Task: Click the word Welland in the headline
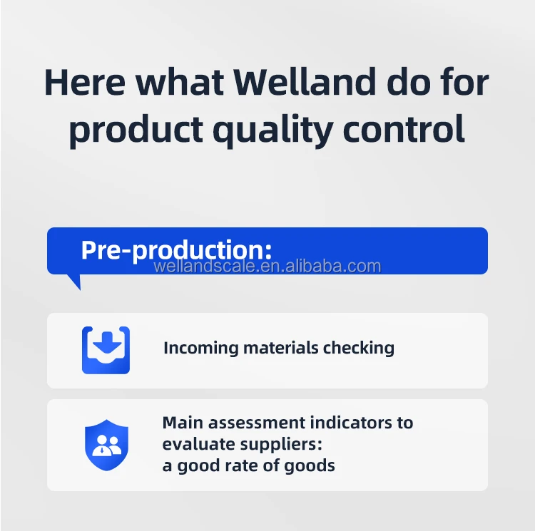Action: (x=305, y=82)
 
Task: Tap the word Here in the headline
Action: (x=85, y=83)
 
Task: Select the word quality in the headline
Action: (x=273, y=131)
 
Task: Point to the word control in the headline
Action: (x=403, y=128)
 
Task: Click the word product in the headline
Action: (x=136, y=131)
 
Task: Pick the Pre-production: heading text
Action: (x=176, y=250)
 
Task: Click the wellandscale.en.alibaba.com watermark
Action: (x=267, y=266)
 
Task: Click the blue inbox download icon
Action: (x=106, y=350)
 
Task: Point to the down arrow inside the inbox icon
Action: (x=107, y=342)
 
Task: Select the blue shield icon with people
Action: (x=106, y=445)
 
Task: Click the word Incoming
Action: (x=201, y=349)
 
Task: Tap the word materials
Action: (x=281, y=348)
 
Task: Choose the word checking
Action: (x=359, y=349)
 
